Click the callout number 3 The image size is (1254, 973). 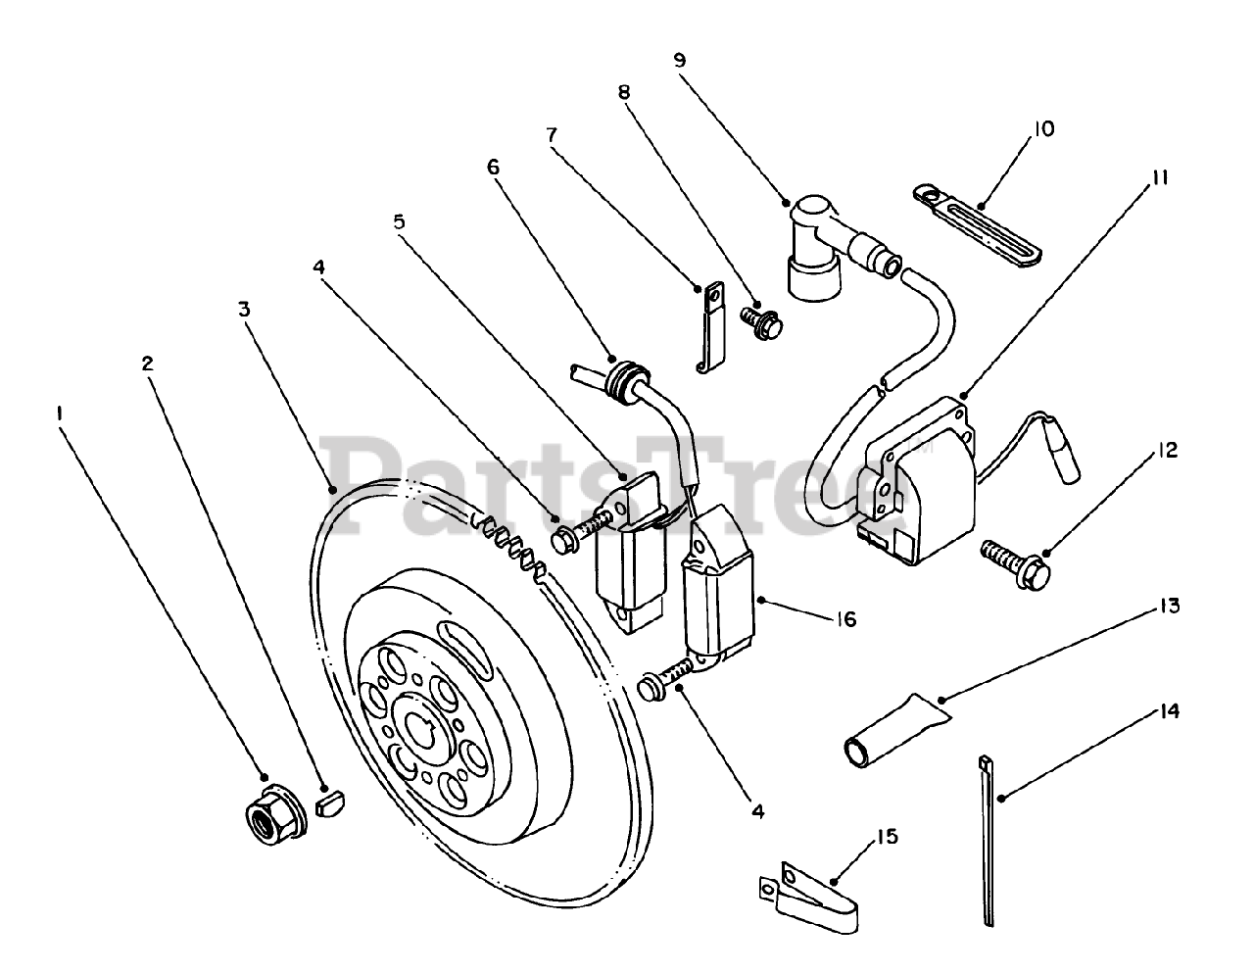244,310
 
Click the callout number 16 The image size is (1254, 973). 845,619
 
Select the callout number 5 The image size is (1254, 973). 399,221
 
